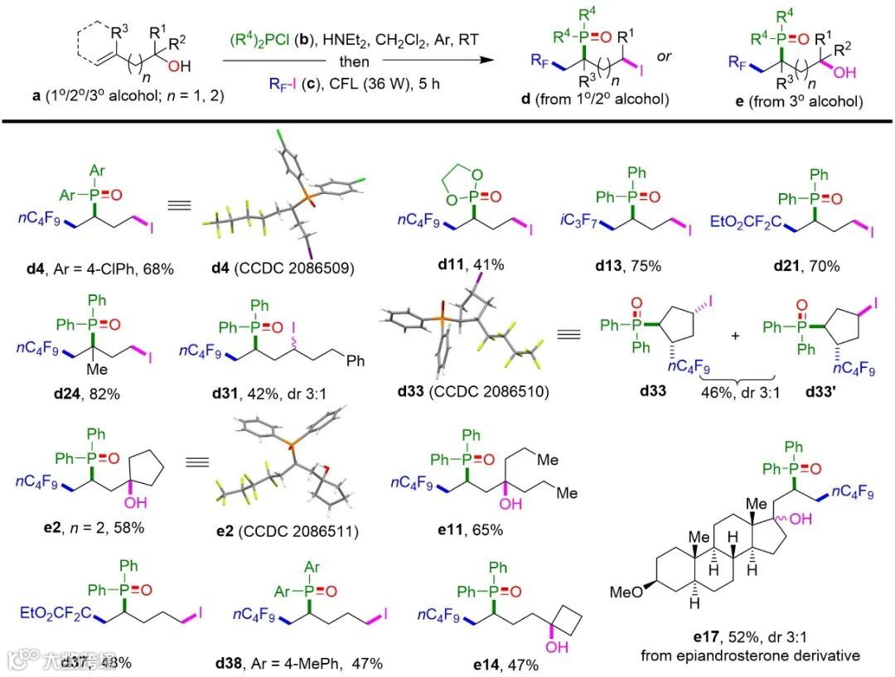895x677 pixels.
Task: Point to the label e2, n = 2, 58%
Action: (85, 531)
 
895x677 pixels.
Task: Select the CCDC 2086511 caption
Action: (282, 531)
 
